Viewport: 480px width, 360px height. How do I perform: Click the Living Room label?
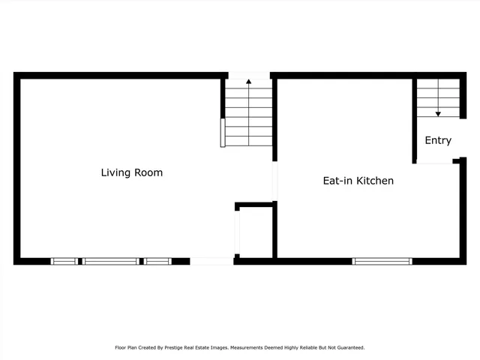coord(132,172)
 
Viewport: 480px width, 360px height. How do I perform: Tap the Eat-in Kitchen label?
coord(358,181)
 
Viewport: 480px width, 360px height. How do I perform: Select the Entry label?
coord(438,140)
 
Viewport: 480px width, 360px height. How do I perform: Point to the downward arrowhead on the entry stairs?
coord(438,113)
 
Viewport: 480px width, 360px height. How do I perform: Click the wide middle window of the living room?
coord(110,261)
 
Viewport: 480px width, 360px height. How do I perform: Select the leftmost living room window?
coord(64,261)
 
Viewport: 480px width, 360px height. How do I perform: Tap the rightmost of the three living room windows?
coord(157,261)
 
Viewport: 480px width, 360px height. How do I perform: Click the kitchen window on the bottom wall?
coord(382,261)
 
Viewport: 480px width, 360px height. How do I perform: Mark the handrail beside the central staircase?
coord(222,132)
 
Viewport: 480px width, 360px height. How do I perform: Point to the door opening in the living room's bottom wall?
coord(211,261)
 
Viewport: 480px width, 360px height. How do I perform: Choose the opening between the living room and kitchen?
coord(274,181)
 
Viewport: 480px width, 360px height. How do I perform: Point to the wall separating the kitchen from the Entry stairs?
coord(414,120)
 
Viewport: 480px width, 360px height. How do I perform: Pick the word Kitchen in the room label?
coord(375,181)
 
